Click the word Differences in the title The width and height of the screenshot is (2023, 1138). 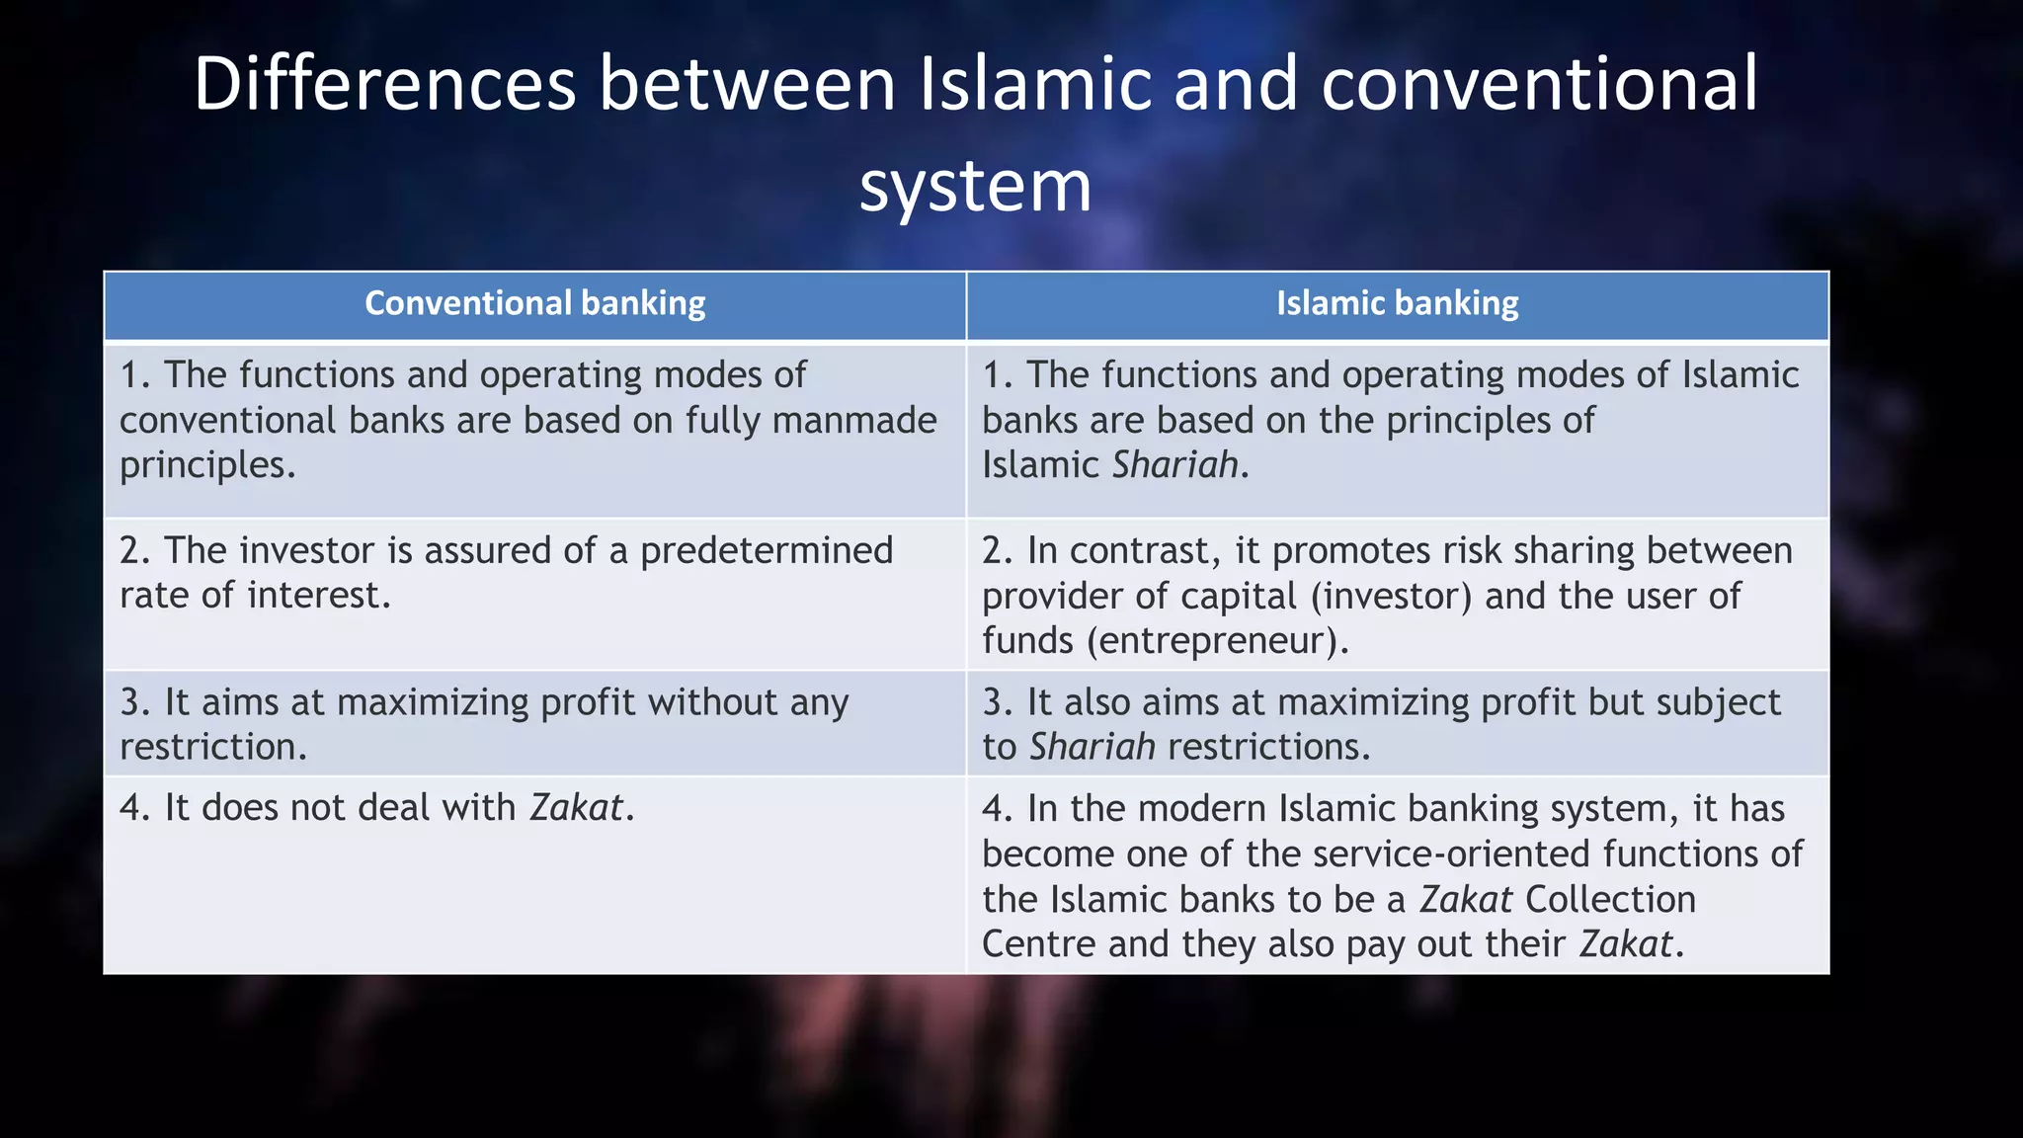tap(384, 84)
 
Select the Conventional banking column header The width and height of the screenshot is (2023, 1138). tap(534, 303)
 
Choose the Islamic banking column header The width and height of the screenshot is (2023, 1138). tap(1397, 303)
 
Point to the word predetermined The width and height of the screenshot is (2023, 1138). tap(767, 550)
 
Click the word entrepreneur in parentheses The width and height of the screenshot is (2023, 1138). tap(1218, 641)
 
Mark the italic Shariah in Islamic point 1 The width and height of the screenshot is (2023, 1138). tap(1175, 465)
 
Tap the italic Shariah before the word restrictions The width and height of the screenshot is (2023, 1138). tap(1092, 747)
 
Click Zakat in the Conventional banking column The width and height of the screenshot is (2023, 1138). tap(577, 808)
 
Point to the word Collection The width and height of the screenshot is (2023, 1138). tap(1610, 900)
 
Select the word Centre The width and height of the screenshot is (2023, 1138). tap(1039, 944)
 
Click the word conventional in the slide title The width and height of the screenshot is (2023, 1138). tap(1539, 84)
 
